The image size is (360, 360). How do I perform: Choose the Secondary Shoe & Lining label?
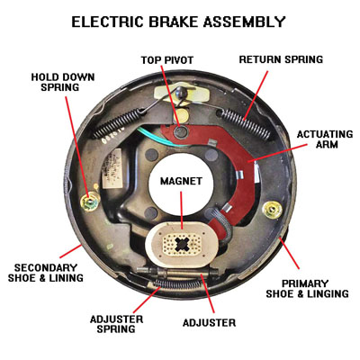(48, 273)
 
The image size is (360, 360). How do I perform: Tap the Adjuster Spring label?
(126, 325)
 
